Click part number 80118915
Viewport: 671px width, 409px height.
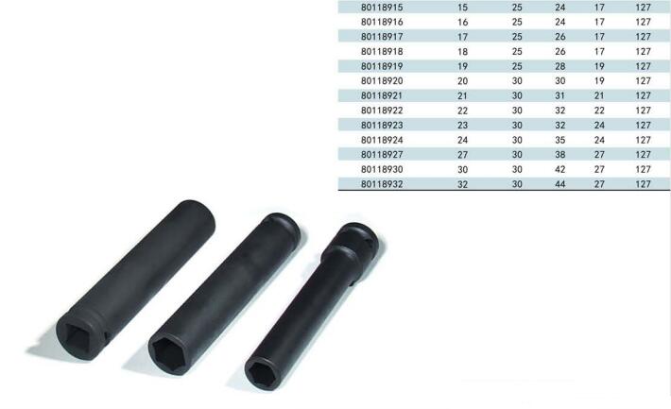[x=382, y=8]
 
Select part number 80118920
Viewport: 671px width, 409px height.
[x=382, y=81]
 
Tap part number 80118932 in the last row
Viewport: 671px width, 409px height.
[x=382, y=184]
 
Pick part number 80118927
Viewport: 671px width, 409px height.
[x=382, y=155]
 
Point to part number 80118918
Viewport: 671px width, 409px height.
[x=382, y=51]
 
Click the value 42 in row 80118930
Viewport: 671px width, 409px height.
[x=559, y=169]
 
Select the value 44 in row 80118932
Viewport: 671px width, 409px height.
[x=559, y=184]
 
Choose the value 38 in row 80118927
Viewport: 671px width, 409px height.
[x=559, y=155]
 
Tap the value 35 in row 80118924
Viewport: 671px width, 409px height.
[x=559, y=140]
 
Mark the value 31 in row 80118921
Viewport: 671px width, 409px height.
[x=559, y=95]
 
